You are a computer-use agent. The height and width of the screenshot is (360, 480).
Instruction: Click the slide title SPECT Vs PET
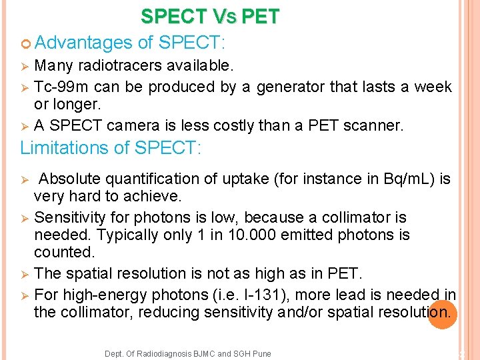(210, 17)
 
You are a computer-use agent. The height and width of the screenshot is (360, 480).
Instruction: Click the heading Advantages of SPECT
(130, 43)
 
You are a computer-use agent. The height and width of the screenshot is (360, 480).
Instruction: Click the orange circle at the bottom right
(443, 314)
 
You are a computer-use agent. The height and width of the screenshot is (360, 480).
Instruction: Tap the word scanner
(375, 125)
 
